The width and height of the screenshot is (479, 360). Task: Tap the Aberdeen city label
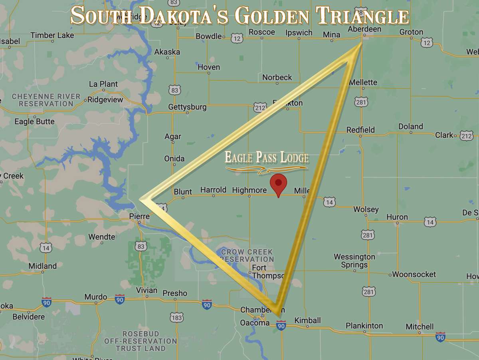[x=364, y=29]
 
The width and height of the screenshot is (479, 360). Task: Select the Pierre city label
[x=139, y=217]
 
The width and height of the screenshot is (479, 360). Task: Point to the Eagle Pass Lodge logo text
[x=267, y=158]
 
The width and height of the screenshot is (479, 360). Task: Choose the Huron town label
[x=397, y=217]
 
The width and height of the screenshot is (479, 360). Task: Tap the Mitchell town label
[x=420, y=327]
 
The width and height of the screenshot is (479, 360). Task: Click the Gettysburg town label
[x=187, y=107]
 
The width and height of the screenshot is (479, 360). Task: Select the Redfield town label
[x=360, y=130]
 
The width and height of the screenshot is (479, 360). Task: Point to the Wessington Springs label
[x=354, y=261]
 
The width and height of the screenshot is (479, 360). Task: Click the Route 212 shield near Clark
[x=466, y=136]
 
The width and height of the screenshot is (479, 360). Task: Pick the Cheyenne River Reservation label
[x=46, y=100]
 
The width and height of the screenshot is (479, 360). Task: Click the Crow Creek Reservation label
[x=247, y=255]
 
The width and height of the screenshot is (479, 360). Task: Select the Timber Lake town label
[x=52, y=35]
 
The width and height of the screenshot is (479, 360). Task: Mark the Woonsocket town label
[x=414, y=274]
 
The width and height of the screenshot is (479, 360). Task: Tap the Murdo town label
[x=96, y=297]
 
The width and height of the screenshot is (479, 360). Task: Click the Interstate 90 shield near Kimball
[x=281, y=326]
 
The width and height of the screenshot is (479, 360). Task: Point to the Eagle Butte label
[x=34, y=121]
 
